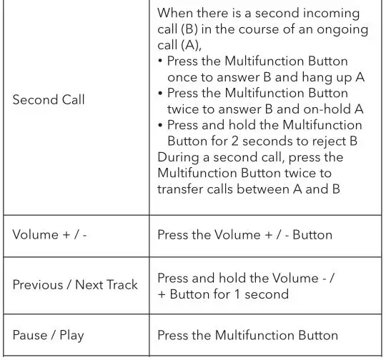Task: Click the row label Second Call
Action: [49, 100]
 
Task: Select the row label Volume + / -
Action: [49, 234]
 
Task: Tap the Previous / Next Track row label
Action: [75, 285]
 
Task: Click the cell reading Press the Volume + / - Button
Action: [244, 234]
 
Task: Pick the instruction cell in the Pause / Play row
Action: [247, 335]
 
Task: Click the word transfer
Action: [182, 189]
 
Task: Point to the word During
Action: [179, 156]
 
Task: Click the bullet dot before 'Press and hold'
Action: [160, 125]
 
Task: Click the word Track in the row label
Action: [122, 285]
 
